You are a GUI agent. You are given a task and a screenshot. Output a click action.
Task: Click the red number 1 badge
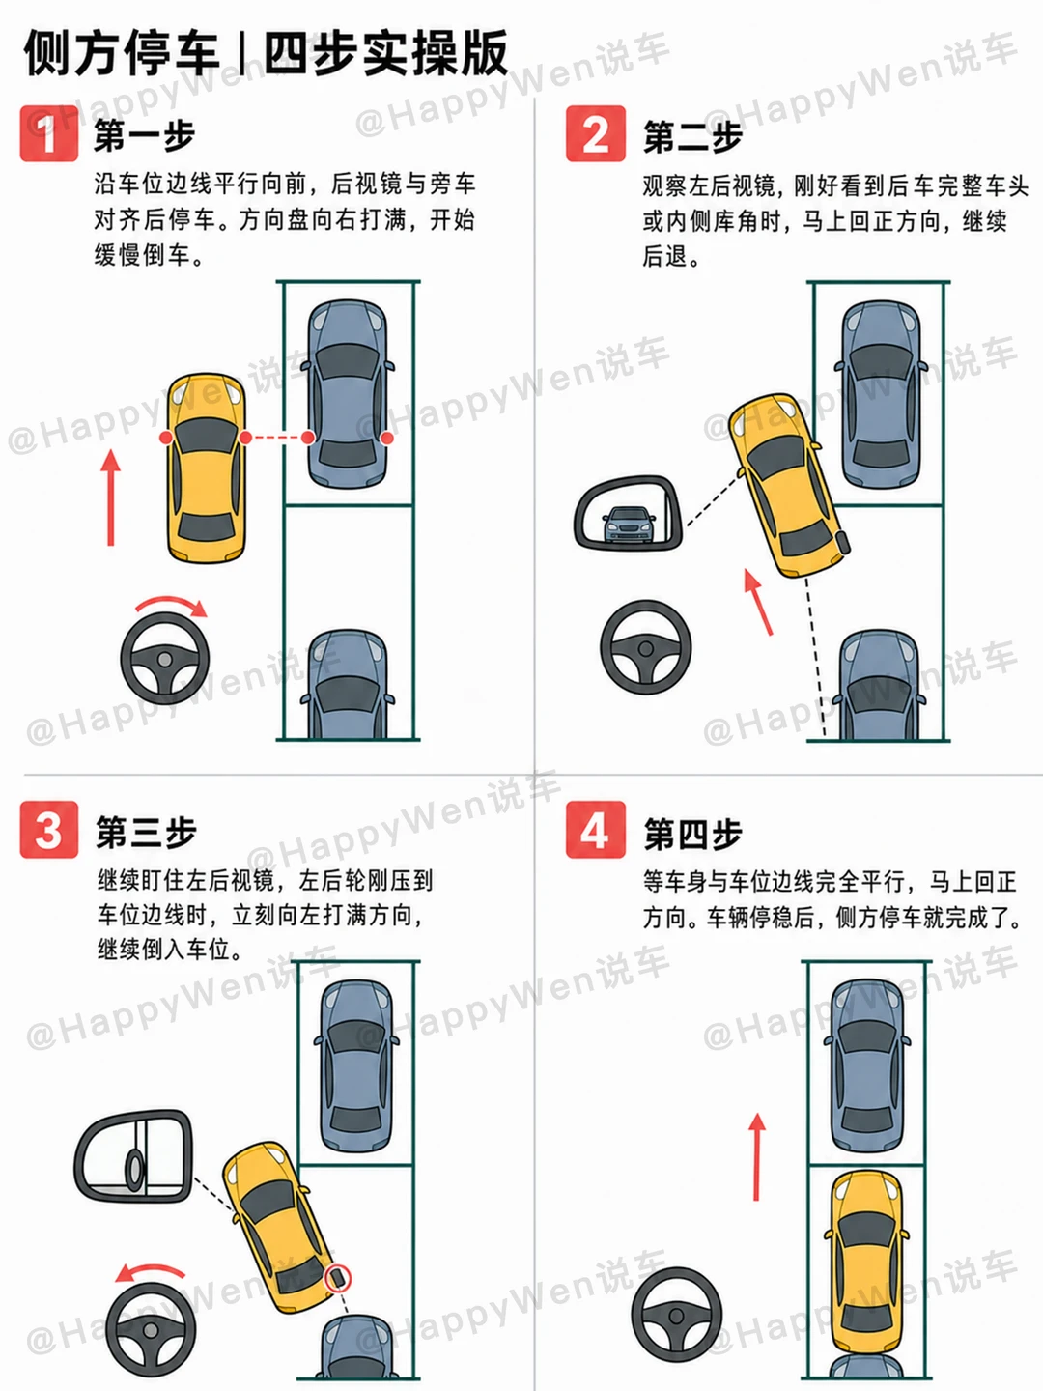tap(48, 133)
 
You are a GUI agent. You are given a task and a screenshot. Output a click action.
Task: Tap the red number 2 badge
tap(595, 133)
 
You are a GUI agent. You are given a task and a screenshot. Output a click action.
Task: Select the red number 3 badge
tap(48, 830)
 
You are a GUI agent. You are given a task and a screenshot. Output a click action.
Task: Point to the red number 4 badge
tap(595, 830)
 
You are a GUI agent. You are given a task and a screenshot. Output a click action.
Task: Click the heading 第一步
tap(145, 135)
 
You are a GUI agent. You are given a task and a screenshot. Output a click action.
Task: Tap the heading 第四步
tap(692, 834)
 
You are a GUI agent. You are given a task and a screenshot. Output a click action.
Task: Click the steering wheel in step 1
tap(164, 659)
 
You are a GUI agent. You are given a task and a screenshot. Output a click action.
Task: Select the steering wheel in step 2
tap(645, 647)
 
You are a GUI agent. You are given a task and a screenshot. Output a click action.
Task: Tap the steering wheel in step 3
tap(151, 1329)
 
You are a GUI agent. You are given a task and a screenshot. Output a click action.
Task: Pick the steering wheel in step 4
tap(676, 1315)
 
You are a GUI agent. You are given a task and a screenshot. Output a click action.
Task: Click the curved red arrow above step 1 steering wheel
tap(172, 600)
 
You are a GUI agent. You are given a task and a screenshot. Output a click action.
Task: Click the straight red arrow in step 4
tap(757, 1157)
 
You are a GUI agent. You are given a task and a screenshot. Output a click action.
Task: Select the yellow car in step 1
tap(206, 468)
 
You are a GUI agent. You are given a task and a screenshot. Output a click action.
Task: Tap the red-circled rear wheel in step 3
tap(338, 1278)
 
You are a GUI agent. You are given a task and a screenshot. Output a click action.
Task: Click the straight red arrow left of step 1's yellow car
tap(111, 497)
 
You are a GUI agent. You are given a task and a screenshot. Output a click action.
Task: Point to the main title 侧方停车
tap(122, 54)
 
